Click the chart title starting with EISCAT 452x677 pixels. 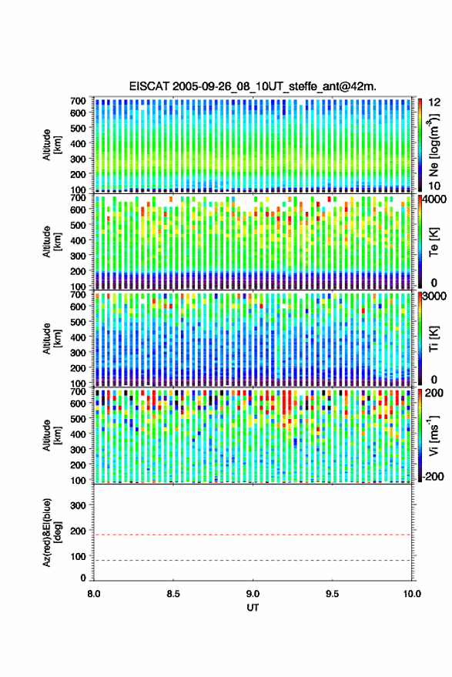[253, 86]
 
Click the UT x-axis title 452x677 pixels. [253, 608]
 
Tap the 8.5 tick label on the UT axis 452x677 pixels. [173, 594]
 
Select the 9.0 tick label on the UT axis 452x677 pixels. [253, 594]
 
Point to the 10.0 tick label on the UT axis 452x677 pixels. [412, 594]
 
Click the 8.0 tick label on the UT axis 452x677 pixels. [94, 594]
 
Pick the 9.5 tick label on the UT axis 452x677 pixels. [332, 594]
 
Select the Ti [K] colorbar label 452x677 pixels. [434, 339]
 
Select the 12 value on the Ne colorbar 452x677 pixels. [435, 102]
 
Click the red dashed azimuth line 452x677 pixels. [253, 535]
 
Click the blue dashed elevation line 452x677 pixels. [253, 561]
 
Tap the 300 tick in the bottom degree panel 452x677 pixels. [78, 505]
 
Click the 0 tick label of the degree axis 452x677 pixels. [83, 578]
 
